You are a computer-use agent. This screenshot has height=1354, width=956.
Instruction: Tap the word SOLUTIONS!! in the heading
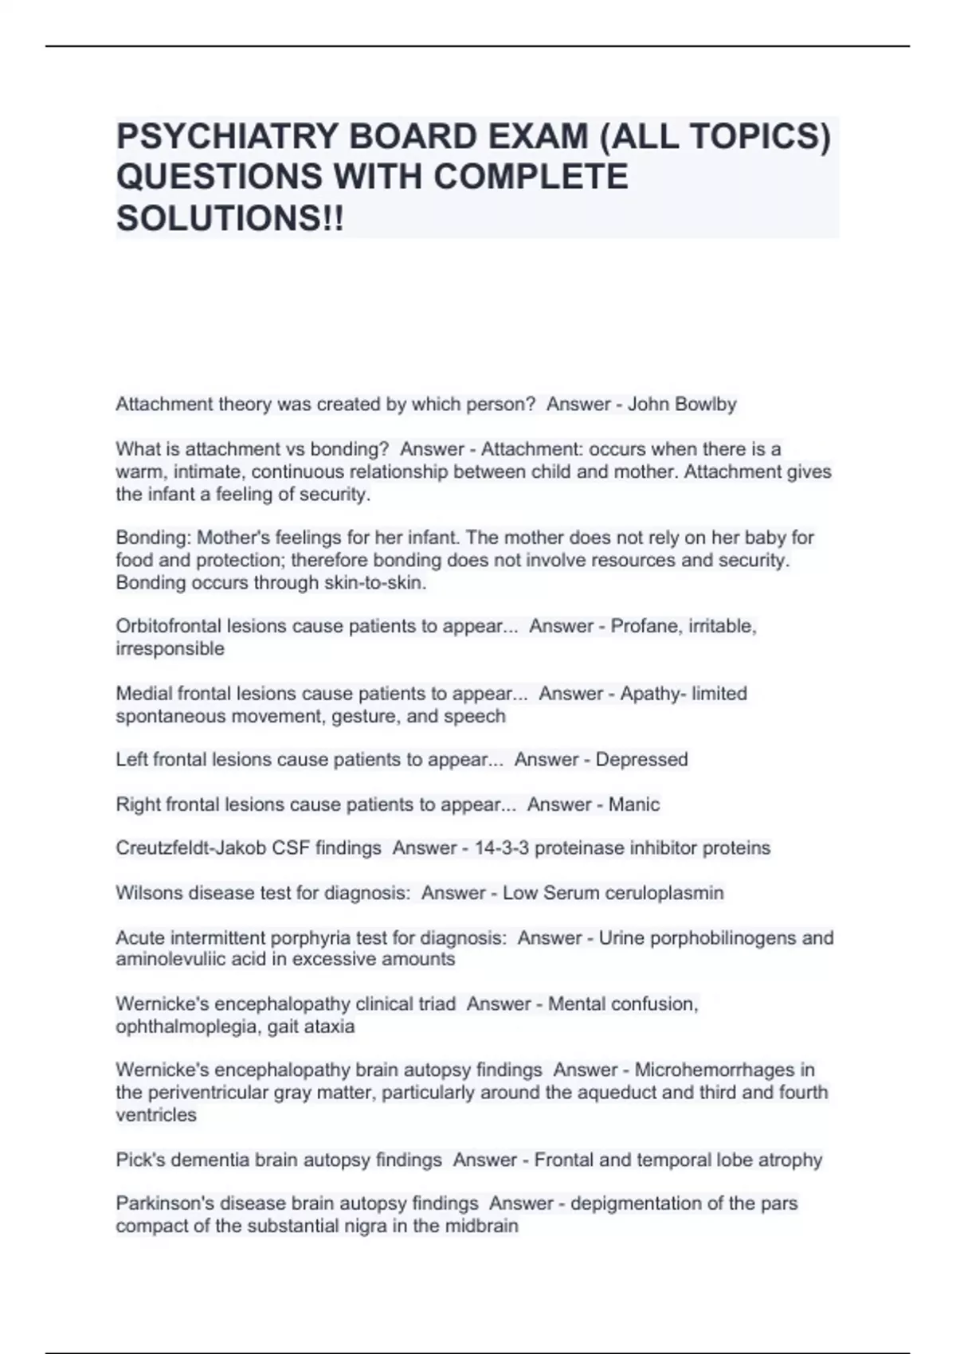(230, 218)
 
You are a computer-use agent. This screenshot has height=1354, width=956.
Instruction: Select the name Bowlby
(704, 405)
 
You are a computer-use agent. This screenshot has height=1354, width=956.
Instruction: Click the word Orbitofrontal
(168, 626)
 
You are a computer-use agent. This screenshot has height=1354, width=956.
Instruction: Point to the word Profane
(642, 626)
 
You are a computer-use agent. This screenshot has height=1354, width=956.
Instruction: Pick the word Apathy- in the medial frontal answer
(652, 694)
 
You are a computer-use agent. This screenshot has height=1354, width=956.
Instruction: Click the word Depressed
(641, 760)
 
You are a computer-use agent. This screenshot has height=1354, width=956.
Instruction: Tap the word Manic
(634, 804)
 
